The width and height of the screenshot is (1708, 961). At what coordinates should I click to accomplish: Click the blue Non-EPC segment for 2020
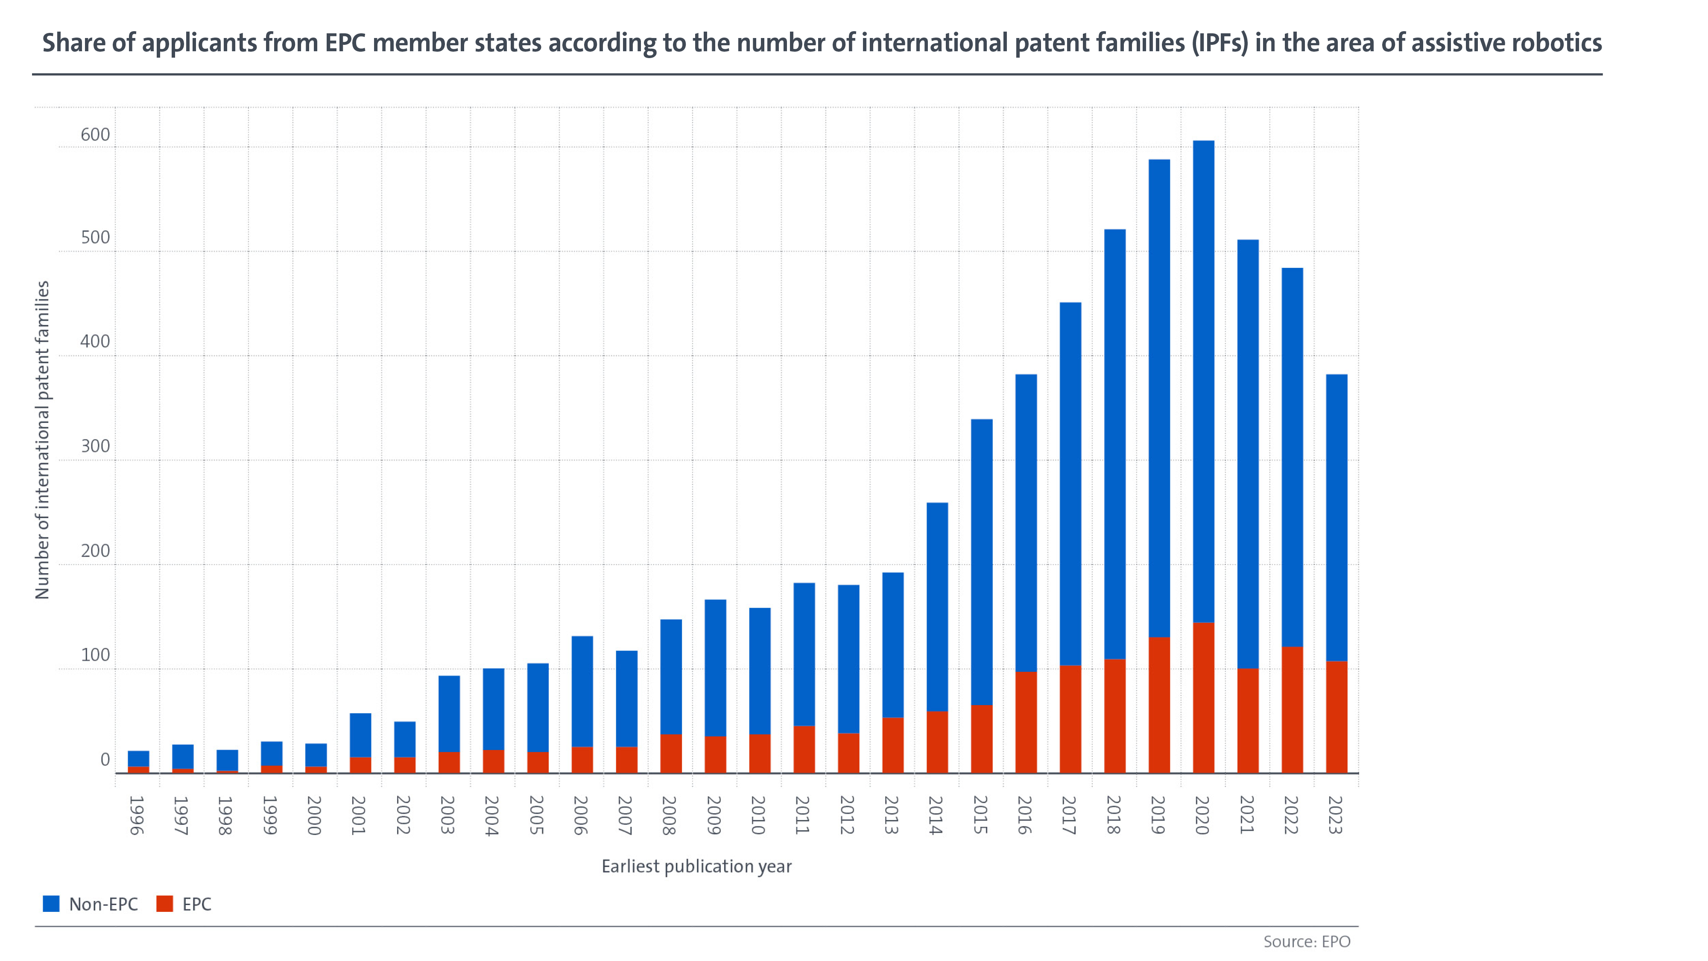tap(1203, 381)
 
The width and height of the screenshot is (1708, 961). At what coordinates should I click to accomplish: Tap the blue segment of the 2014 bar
tap(937, 607)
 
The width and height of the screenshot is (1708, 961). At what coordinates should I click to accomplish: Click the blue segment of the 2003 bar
tap(449, 714)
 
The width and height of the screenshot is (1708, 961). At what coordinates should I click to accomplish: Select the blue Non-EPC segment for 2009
tap(715, 668)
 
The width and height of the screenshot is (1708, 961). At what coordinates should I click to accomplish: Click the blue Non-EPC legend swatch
tap(51, 903)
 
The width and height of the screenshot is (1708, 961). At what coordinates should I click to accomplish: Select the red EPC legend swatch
tap(164, 903)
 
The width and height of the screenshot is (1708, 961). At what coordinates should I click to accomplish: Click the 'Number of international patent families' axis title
tap(42, 440)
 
